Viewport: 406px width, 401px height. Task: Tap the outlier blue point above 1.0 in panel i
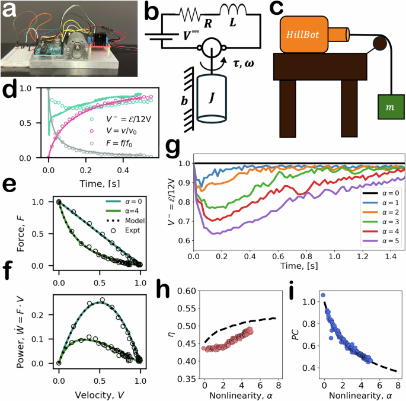coord(323,295)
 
